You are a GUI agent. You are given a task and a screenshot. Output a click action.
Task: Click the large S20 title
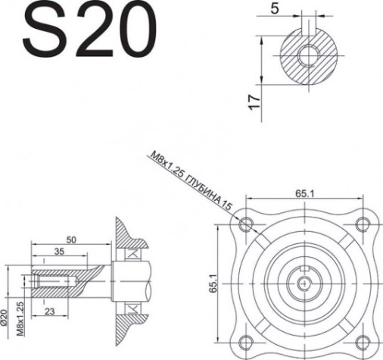84,32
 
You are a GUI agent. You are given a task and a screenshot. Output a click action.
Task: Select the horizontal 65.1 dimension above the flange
306,194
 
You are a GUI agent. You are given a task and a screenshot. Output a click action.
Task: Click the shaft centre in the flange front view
304,282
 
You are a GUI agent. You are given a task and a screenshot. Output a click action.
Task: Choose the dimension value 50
71,239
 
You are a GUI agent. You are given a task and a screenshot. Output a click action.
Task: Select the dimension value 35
58,251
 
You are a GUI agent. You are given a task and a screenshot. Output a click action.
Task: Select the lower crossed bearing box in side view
133,307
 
